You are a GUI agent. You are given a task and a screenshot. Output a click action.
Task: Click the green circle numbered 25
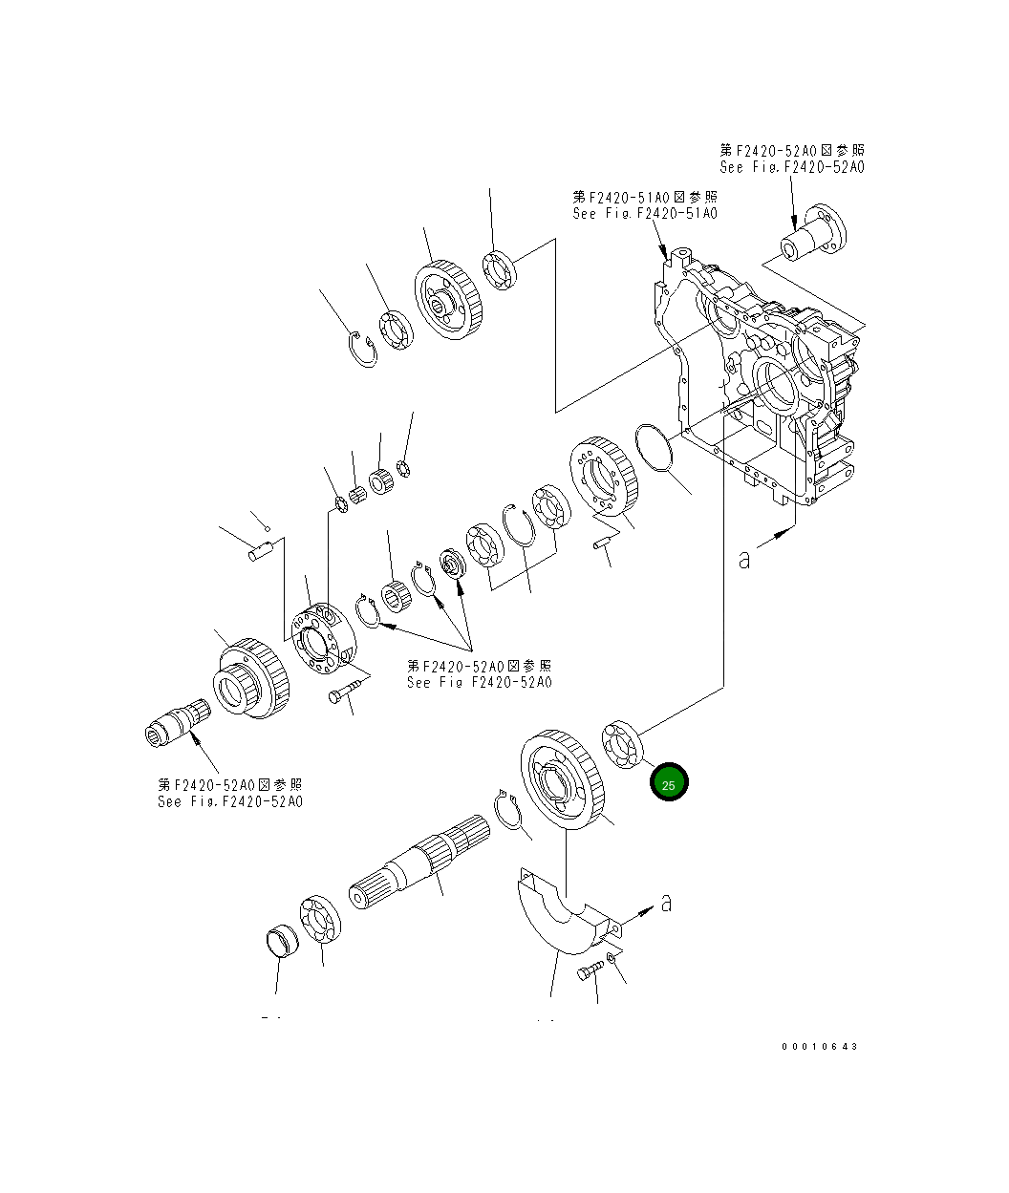click(x=669, y=784)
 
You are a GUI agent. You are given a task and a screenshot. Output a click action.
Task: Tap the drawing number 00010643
click(x=819, y=1046)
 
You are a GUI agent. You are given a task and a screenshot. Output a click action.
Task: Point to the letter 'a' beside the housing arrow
click(x=744, y=560)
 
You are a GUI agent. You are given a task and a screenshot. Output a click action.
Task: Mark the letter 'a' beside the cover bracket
click(x=666, y=903)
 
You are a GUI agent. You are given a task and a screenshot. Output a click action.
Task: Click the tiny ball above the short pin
click(x=268, y=529)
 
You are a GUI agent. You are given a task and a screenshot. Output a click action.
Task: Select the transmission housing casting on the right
click(x=764, y=382)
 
